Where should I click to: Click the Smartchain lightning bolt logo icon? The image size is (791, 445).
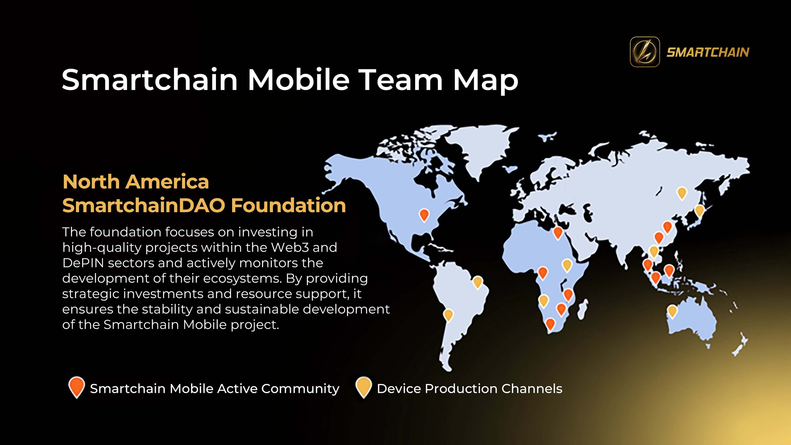coord(645,52)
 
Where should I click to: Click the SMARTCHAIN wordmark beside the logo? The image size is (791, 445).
coord(708,53)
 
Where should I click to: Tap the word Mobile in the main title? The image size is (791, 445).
coord(298,80)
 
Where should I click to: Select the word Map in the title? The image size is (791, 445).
coord(485,81)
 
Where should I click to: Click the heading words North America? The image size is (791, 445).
coord(136,182)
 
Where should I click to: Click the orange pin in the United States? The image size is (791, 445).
coord(424,215)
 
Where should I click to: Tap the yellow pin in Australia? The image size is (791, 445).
coord(672,311)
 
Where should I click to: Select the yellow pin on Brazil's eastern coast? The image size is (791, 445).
coord(478,282)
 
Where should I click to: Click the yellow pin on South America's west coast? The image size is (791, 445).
coord(448,315)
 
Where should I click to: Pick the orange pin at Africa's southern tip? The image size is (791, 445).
coord(550,324)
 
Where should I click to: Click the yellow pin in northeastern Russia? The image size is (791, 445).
coord(682,193)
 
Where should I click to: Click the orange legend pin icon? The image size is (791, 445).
coord(77,387)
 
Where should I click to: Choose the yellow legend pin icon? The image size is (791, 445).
coord(364,387)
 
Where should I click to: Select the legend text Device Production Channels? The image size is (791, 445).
coord(469,389)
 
